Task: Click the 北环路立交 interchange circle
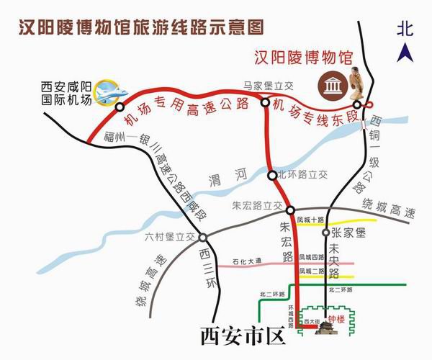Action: point(271,174)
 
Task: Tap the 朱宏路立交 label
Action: point(257,206)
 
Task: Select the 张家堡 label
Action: point(350,233)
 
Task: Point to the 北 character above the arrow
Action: point(406,29)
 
